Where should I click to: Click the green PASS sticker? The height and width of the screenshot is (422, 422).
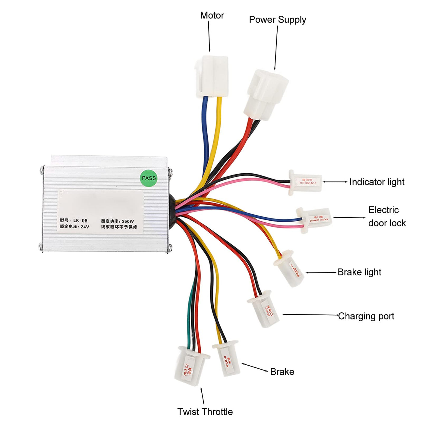pos(149,178)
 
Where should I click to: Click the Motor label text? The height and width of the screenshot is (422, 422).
pos(212,15)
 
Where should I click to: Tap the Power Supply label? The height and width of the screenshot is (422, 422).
pos(277,20)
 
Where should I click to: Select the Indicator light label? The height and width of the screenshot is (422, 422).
pos(377,182)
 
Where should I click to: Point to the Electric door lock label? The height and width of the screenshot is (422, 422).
pos(387,216)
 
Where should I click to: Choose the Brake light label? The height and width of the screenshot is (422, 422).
pos(359,272)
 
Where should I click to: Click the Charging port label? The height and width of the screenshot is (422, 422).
pos(366,316)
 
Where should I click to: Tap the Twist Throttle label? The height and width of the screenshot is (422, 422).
pos(205,411)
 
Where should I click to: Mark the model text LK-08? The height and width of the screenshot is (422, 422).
pos(80,221)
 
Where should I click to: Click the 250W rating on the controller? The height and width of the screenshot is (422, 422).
pos(128,221)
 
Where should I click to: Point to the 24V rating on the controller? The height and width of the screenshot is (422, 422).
pos(85,227)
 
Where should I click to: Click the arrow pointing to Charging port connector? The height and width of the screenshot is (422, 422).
pos(310,315)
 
